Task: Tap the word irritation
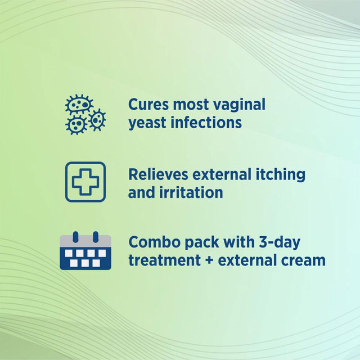pos(191,192)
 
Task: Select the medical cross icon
pos(85,182)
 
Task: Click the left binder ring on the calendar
pos(75,236)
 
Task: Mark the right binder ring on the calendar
pos(96,236)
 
